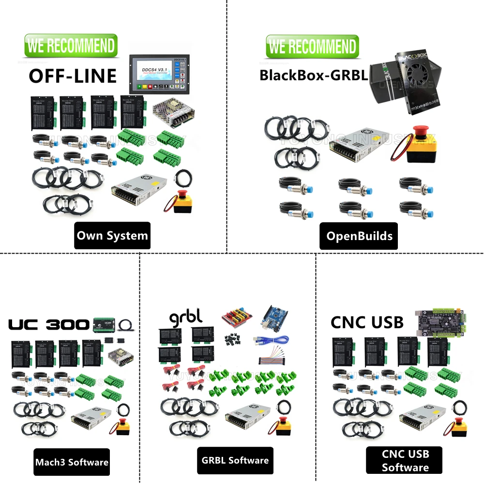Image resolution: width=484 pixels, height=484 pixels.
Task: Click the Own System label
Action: click(112, 236)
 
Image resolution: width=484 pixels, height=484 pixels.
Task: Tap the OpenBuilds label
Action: click(359, 236)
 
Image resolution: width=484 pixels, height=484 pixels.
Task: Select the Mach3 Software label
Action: click(72, 462)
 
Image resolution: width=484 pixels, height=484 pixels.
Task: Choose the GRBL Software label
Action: click(235, 460)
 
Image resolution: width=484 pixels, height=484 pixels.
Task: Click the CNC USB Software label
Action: click(405, 460)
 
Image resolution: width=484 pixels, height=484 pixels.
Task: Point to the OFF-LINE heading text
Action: click(73, 76)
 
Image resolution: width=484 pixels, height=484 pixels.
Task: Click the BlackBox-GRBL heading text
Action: click(313, 75)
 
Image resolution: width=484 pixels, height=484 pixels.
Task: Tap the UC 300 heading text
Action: click(49, 324)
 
